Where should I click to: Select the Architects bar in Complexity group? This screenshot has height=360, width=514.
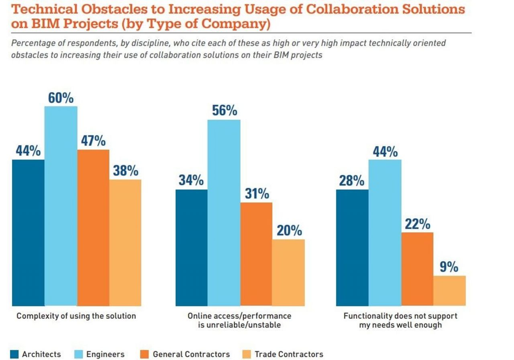[28, 233]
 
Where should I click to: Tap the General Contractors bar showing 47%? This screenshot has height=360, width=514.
[93, 227]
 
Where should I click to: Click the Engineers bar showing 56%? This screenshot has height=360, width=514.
[224, 213]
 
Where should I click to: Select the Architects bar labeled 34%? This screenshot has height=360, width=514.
[192, 247]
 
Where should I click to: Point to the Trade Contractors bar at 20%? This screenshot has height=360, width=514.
[288, 272]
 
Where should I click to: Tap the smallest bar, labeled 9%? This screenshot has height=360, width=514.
[449, 290]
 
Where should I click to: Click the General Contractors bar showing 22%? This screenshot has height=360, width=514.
[417, 269]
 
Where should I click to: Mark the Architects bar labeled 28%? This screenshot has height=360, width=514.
[352, 247]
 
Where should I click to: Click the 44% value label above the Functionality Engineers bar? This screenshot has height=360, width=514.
[385, 152]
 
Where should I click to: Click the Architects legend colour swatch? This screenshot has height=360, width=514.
[14, 354]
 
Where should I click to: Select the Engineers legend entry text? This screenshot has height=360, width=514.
[105, 354]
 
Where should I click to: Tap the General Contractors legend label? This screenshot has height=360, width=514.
[191, 354]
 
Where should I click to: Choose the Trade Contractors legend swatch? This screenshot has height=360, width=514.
[247, 354]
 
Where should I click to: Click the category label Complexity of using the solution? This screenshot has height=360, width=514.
[76, 316]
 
